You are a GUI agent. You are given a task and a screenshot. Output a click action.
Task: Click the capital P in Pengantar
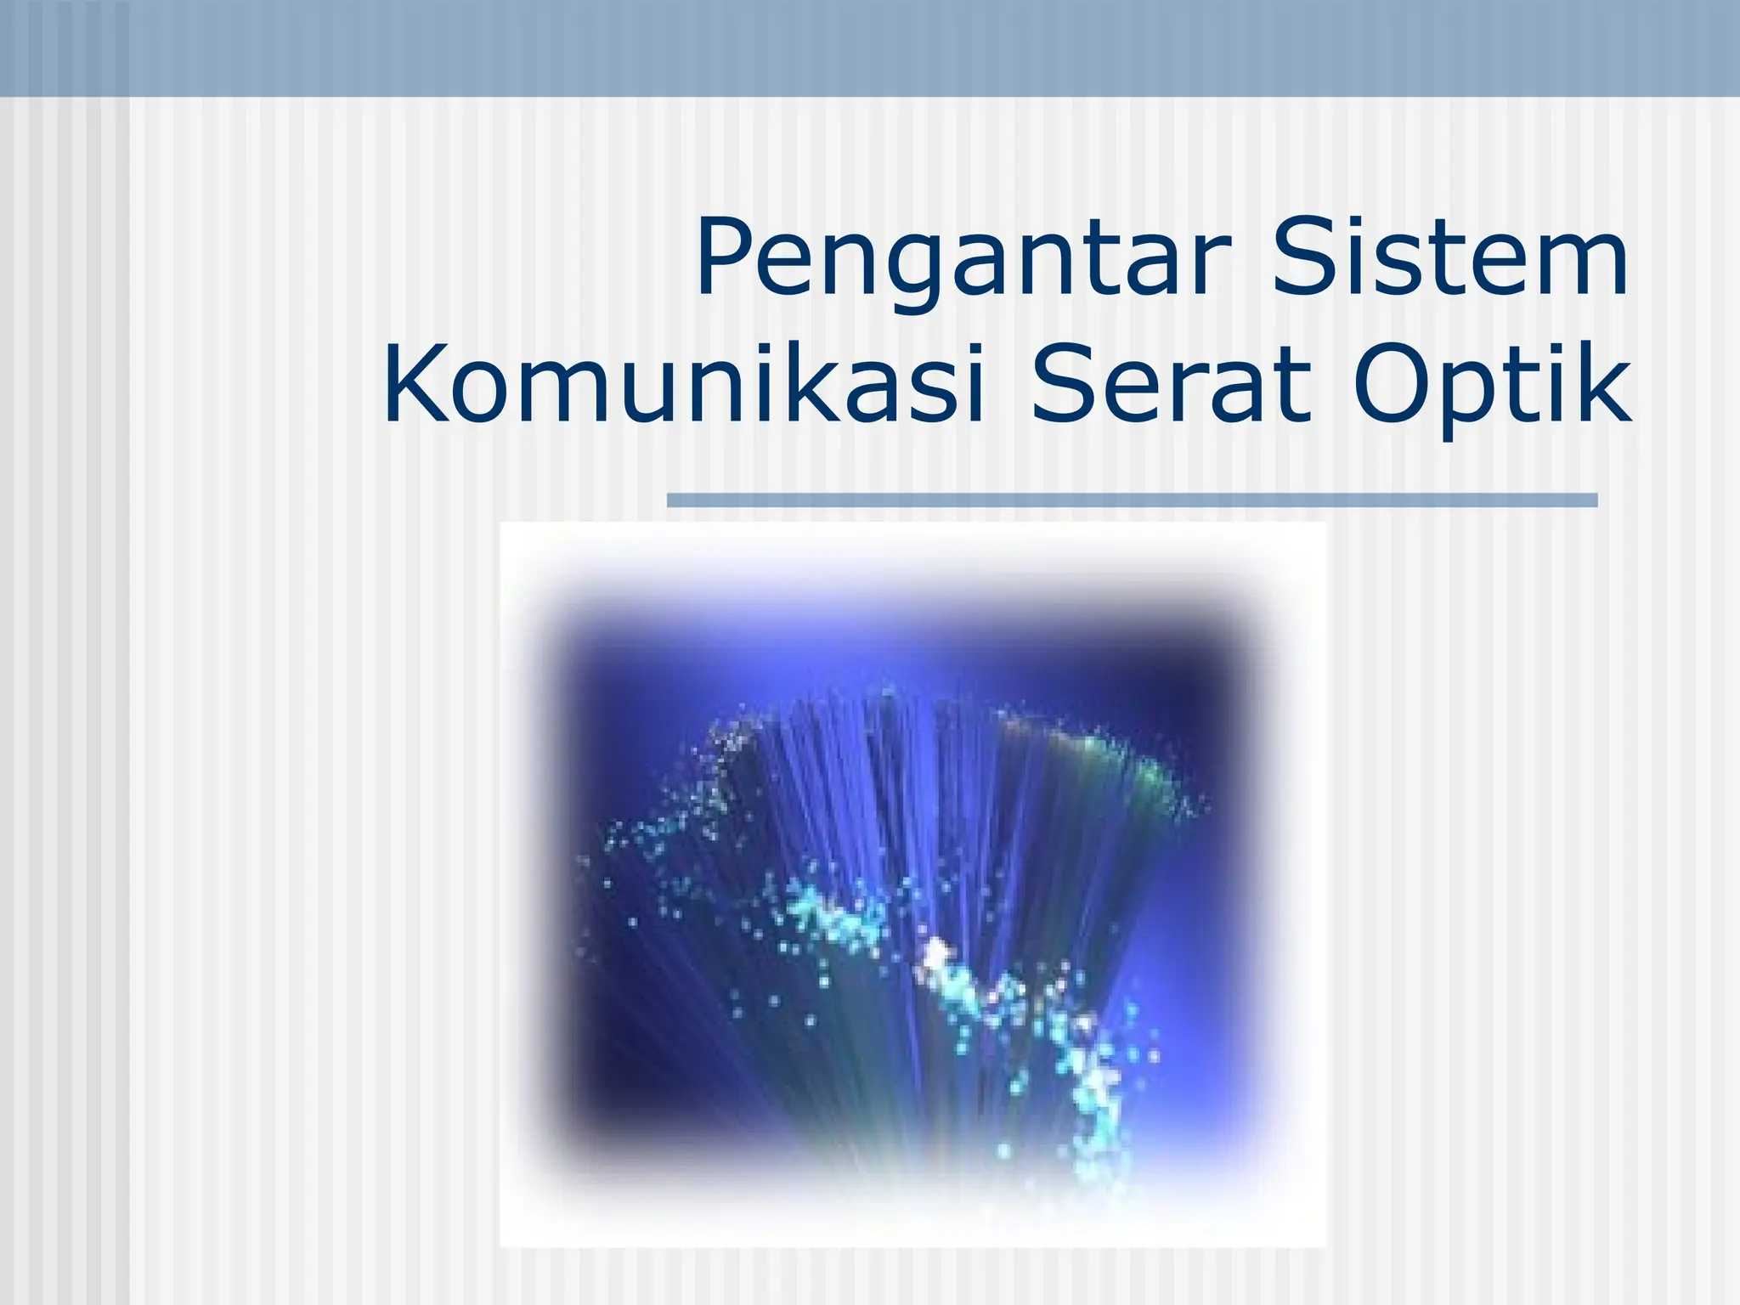click(724, 255)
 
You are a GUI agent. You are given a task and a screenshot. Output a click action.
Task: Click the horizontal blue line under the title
click(1132, 500)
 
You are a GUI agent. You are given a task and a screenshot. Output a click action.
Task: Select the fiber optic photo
click(912, 884)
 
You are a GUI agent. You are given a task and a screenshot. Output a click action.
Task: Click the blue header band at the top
click(870, 48)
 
